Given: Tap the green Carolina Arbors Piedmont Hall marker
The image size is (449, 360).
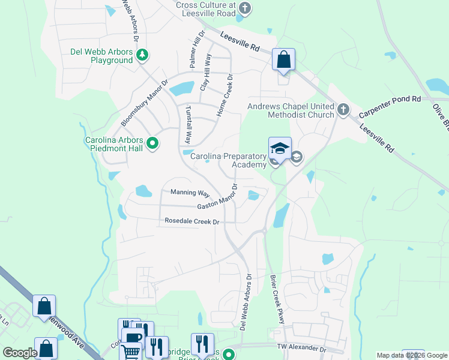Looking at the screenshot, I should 152,143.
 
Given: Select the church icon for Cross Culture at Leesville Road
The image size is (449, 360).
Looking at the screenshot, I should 244,8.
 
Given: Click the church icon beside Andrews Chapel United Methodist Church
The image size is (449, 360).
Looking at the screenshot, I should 343,109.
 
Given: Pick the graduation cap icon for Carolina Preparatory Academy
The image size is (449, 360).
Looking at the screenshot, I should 280,148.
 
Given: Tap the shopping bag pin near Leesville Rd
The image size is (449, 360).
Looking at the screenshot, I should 283,60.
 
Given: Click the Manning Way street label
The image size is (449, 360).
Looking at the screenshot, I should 190,193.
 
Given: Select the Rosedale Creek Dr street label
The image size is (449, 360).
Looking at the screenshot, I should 192,221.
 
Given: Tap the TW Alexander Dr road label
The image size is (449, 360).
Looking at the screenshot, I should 301,348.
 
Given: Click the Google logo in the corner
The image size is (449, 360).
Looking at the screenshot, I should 20,353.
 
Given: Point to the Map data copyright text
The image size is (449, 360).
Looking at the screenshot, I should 411,355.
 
